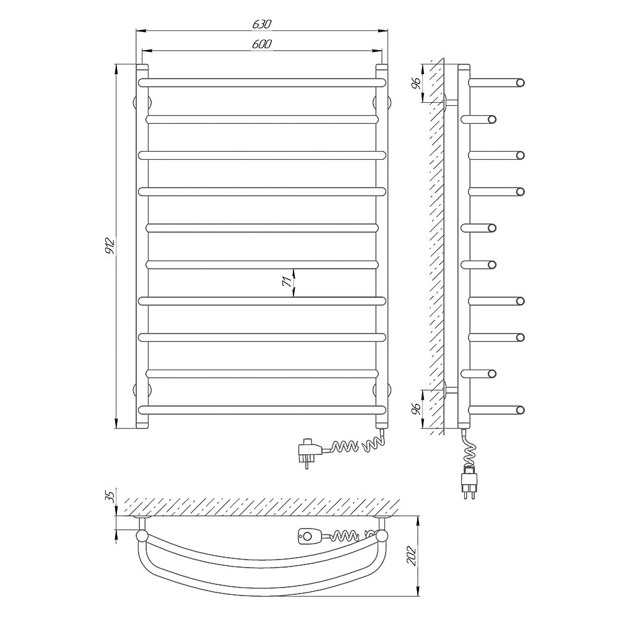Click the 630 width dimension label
pyautogui.click(x=262, y=24)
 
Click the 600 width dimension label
pyautogui.click(x=262, y=44)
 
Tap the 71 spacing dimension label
pyautogui.click(x=287, y=281)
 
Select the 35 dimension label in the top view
pyautogui.click(x=111, y=495)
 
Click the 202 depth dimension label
pyautogui.click(x=412, y=556)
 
